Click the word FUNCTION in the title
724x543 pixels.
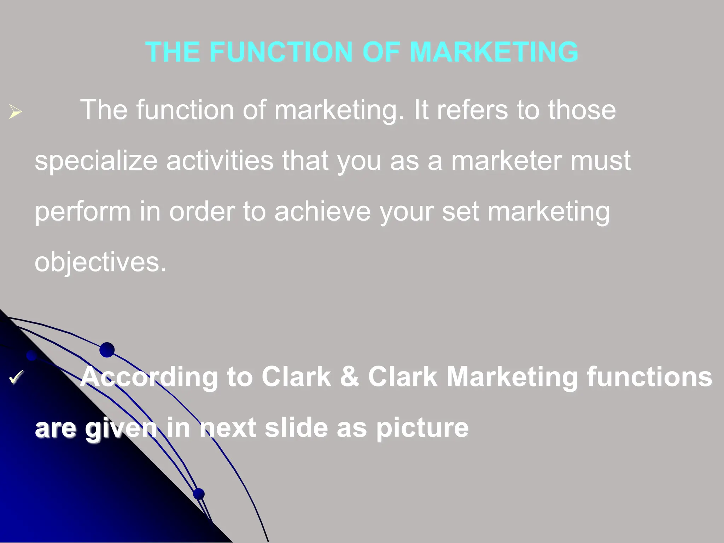tap(281, 52)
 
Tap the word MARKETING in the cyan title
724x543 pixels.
tap(494, 52)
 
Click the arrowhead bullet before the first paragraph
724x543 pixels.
tap(16, 112)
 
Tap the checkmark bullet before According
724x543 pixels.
tap(16, 377)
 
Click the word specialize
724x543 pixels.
tap(96, 161)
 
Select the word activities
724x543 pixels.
tap(220, 160)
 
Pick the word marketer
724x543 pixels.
tap(507, 161)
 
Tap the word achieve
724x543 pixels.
tap(322, 211)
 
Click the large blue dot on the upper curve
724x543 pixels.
tap(107, 350)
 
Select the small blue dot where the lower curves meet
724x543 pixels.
tap(199, 494)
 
